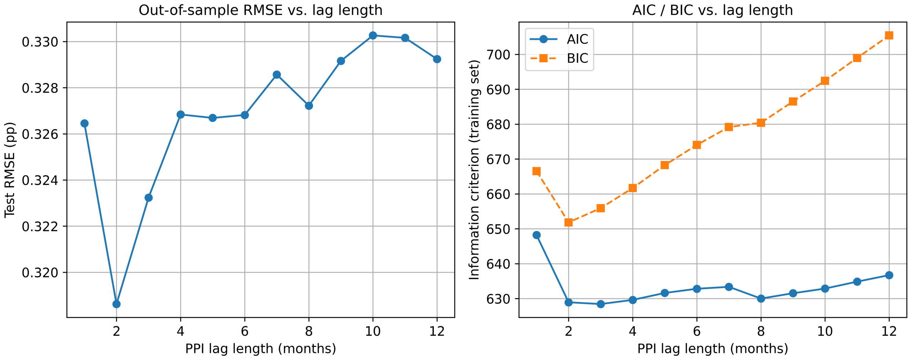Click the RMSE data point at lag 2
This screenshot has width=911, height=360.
click(x=116, y=304)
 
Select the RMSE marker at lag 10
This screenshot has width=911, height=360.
click(x=373, y=36)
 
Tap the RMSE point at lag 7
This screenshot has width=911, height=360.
click(x=277, y=75)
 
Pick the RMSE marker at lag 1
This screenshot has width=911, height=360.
click(x=84, y=123)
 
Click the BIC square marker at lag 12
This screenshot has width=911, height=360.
click(x=889, y=35)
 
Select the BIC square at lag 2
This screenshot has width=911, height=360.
click(x=569, y=222)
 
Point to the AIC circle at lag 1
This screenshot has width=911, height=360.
click(x=537, y=235)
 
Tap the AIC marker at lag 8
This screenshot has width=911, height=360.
click(x=761, y=298)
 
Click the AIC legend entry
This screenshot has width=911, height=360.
click(x=559, y=39)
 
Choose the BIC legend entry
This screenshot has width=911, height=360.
click(x=559, y=58)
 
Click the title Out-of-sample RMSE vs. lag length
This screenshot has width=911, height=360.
click(x=260, y=10)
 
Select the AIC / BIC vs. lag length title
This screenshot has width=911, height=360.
click(x=712, y=10)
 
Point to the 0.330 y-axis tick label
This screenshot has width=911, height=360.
click(x=40, y=42)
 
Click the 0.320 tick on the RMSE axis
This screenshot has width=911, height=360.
click(x=40, y=272)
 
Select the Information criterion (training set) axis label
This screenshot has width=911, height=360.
click(x=474, y=170)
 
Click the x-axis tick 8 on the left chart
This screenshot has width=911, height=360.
click(x=309, y=331)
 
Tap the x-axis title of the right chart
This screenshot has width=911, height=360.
click(x=712, y=349)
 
